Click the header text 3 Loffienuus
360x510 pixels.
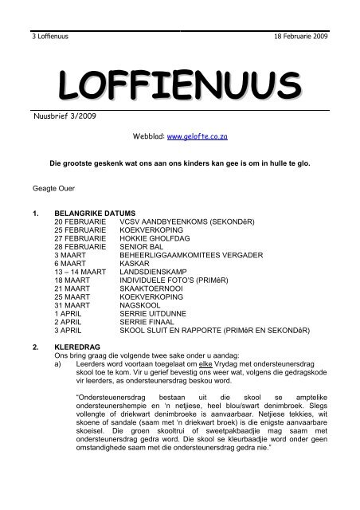(41, 37)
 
